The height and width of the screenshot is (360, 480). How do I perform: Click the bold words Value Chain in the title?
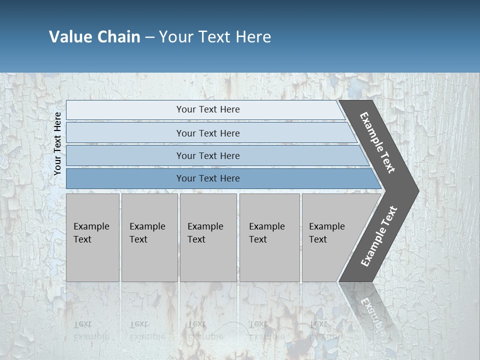click(x=94, y=37)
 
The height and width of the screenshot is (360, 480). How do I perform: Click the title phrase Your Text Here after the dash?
click(x=215, y=37)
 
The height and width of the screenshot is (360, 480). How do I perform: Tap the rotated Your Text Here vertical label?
click(x=57, y=143)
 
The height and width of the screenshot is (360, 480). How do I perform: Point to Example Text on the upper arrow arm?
click(x=377, y=142)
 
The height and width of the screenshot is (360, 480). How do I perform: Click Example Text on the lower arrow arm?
click(x=379, y=236)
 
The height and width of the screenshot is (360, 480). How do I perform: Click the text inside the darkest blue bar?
click(x=208, y=178)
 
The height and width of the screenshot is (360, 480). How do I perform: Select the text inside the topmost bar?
click(x=208, y=109)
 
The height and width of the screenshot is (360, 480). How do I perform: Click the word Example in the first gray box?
click(x=91, y=226)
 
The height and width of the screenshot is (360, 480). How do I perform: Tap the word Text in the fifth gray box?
click(x=317, y=239)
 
